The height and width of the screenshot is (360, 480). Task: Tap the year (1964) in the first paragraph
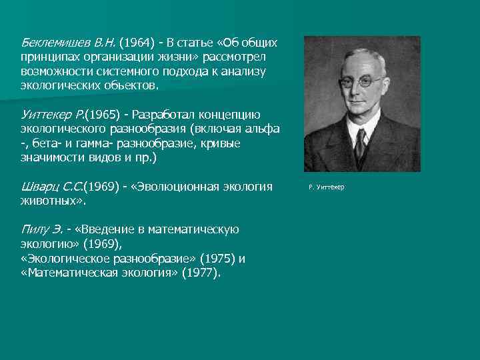tap(137, 43)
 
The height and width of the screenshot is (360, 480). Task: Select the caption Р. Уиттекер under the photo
tap(327, 187)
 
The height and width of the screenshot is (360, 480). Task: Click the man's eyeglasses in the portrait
tap(360, 83)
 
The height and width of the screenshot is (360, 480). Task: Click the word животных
tap(51, 201)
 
